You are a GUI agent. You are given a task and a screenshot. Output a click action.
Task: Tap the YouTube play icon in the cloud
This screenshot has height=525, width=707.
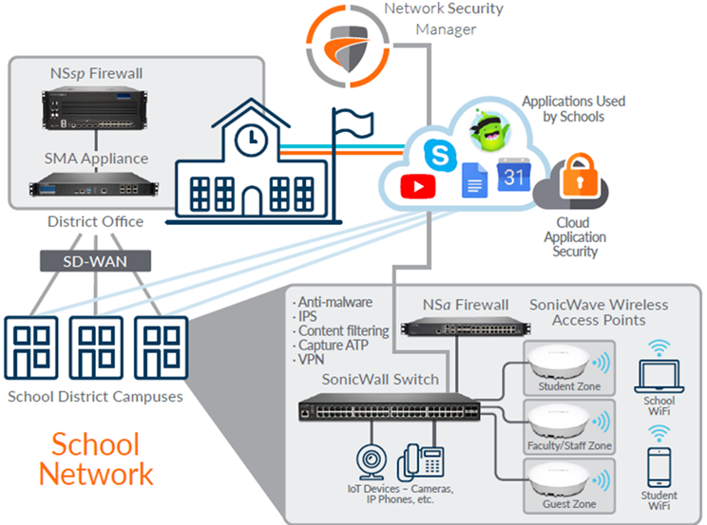417,186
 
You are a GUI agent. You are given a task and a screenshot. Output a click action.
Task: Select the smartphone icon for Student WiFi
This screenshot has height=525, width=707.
659,467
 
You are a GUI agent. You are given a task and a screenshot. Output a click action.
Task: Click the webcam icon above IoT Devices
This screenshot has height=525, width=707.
369,459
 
